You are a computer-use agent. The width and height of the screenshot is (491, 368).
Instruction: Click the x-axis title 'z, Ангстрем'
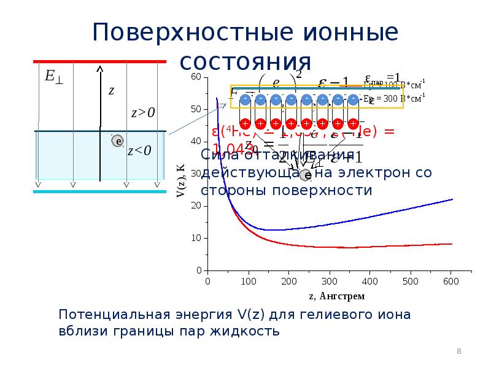[x=336, y=296]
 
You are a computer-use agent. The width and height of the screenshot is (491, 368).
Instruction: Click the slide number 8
[x=458, y=351]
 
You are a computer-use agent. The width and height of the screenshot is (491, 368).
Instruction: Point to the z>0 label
[x=143, y=112]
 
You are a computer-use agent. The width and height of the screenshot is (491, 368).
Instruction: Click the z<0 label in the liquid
[x=139, y=151]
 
